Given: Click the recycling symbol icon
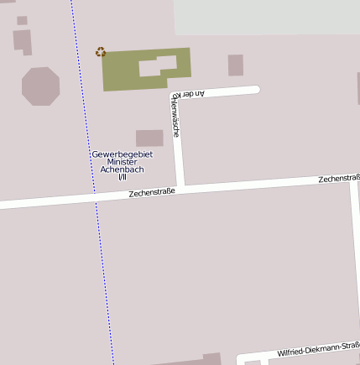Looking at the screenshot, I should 101,52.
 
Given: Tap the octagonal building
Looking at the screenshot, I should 40,86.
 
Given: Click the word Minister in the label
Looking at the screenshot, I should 123,162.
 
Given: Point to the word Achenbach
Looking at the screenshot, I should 123,169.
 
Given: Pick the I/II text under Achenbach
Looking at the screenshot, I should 123,177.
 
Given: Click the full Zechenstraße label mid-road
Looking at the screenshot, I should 152,193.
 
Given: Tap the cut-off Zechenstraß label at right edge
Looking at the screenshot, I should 339,179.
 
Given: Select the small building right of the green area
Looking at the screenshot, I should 236,65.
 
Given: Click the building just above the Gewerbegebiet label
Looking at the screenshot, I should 149,138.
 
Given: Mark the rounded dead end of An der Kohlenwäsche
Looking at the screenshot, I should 255,89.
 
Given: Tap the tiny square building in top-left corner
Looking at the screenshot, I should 22,20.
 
